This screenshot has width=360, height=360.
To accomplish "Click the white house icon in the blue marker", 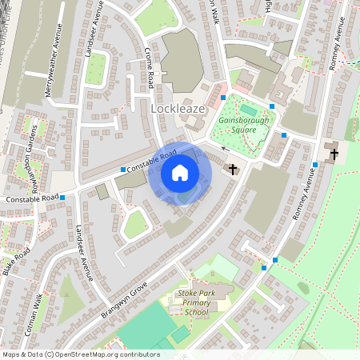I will coord(180,173).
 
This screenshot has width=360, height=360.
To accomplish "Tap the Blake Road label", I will coord(16,262).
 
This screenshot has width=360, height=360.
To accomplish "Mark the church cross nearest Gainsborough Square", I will coord(233,169).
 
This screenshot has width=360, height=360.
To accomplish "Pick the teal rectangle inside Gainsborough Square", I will coord(248,109).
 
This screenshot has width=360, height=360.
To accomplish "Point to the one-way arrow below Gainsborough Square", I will coord(225,149).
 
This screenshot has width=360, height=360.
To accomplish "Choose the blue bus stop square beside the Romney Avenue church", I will coord(315,165).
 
